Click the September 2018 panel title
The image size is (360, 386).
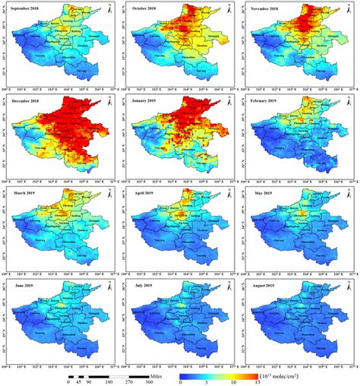click(28, 10)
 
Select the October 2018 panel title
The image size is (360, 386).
click(147, 10)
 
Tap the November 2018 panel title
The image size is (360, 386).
click(267, 10)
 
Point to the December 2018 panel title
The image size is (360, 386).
click(28, 101)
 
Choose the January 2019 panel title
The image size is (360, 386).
click(147, 101)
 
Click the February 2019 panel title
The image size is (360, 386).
click(267, 101)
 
